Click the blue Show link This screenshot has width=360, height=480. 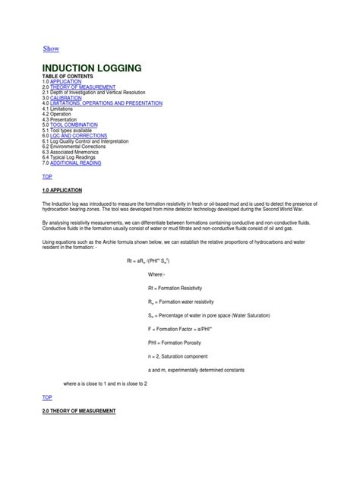(51, 49)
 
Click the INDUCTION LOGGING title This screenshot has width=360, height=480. (91, 68)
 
